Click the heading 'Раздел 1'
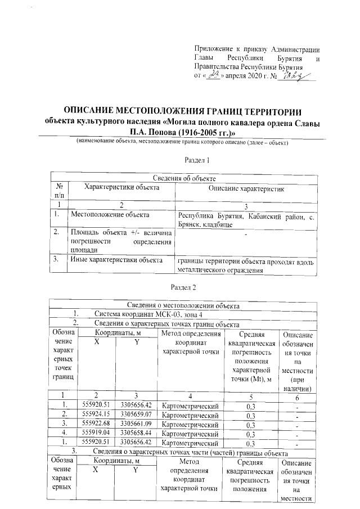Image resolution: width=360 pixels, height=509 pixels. (x=197, y=160)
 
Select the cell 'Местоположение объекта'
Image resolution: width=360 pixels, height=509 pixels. (x=110, y=215)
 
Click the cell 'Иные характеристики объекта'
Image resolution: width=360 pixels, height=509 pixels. (x=116, y=260)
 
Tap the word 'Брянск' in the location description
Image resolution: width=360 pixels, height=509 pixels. (x=191, y=224)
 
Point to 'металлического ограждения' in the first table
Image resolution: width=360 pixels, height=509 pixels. (x=220, y=270)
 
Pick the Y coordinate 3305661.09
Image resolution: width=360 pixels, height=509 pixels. (x=137, y=424)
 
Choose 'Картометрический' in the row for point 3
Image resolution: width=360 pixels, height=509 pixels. (x=190, y=424)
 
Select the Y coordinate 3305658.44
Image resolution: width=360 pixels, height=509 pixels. (x=137, y=433)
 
